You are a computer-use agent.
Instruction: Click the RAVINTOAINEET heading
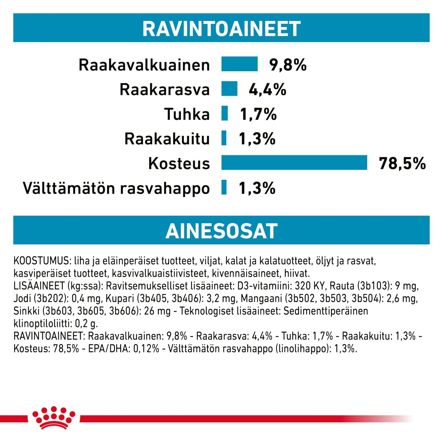(x=221, y=29)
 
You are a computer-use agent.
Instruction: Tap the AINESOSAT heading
(x=221, y=231)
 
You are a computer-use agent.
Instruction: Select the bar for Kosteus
(x=294, y=163)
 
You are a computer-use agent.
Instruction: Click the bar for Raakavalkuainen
(x=239, y=64)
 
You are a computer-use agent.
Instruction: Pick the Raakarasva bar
(x=229, y=89)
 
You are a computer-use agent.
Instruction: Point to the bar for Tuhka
(x=225, y=113)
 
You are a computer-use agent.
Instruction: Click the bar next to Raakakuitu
(x=224, y=138)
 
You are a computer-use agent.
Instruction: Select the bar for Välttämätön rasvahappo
(x=224, y=188)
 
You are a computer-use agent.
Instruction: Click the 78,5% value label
(x=402, y=163)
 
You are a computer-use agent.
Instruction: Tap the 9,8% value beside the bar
(x=288, y=65)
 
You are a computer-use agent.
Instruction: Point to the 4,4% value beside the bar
(x=267, y=90)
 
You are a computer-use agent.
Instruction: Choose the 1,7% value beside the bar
(x=258, y=114)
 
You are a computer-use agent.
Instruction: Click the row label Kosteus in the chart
(x=179, y=163)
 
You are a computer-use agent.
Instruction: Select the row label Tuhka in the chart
(x=187, y=114)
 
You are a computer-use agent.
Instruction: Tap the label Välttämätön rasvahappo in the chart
(x=116, y=188)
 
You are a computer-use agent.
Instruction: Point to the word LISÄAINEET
(x=39, y=286)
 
